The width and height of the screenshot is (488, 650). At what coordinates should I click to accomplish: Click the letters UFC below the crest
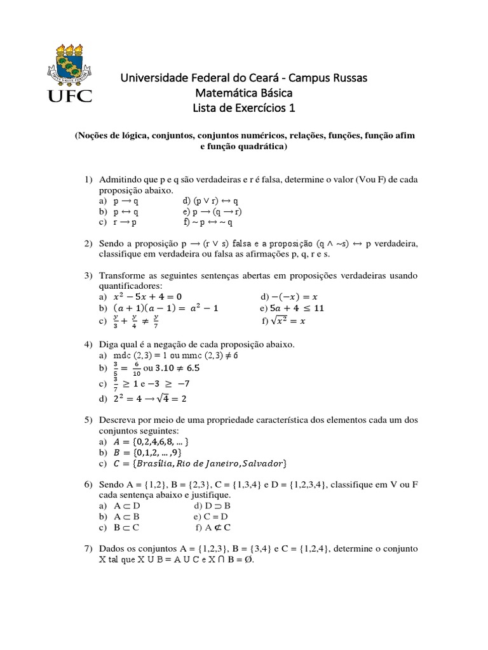pyautogui.click(x=69, y=96)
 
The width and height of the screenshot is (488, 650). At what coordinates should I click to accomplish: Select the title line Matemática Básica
pyautogui.click(x=244, y=93)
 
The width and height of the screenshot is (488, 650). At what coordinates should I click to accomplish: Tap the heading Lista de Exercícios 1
pyautogui.click(x=244, y=109)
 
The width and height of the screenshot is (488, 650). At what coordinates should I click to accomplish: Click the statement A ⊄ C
pyautogui.click(x=217, y=527)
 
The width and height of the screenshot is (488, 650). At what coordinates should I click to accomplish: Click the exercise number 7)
pyautogui.click(x=89, y=548)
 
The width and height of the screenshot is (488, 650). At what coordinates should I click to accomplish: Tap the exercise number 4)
pyautogui.click(x=89, y=344)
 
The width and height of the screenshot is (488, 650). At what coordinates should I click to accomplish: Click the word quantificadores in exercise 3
pyautogui.click(x=131, y=286)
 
